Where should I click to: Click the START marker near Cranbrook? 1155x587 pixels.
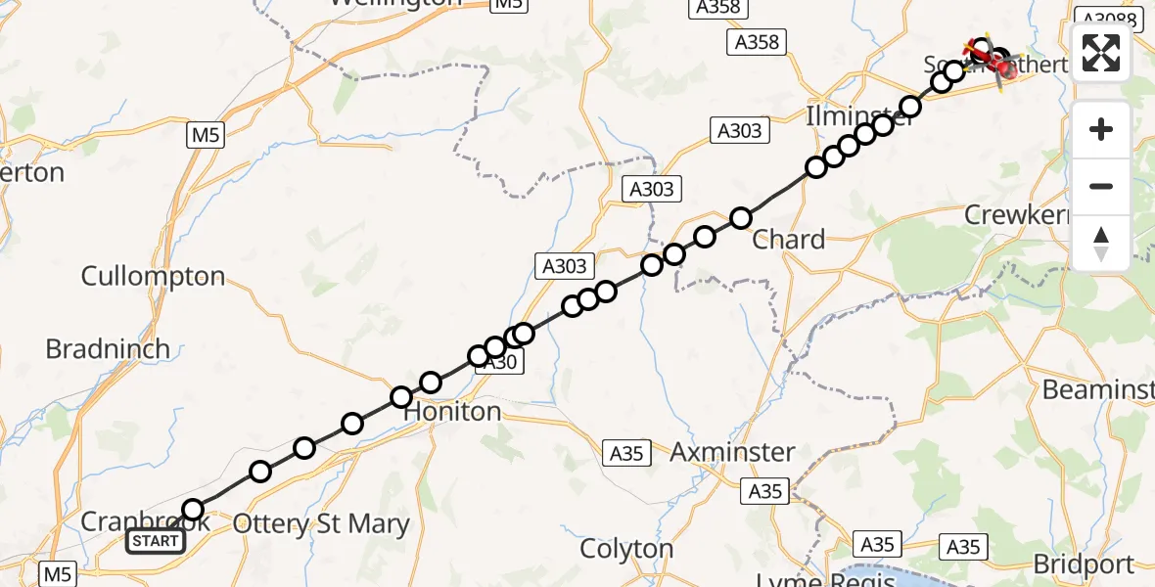[156, 541]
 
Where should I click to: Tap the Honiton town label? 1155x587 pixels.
[452, 412]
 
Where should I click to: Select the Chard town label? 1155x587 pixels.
[788, 240]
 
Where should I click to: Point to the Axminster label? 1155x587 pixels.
[732, 452]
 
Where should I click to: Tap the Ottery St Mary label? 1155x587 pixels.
[323, 524]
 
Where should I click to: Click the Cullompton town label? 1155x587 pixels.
[153, 276]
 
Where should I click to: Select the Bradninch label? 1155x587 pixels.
[108, 349]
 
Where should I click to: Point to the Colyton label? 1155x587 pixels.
[626, 549]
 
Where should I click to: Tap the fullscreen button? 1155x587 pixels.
[1101, 52]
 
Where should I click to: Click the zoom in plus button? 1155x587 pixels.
[1101, 129]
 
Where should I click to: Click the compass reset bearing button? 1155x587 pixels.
[1101, 243]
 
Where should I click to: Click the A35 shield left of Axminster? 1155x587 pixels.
[626, 453]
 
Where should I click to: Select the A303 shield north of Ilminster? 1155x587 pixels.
[739, 130]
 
